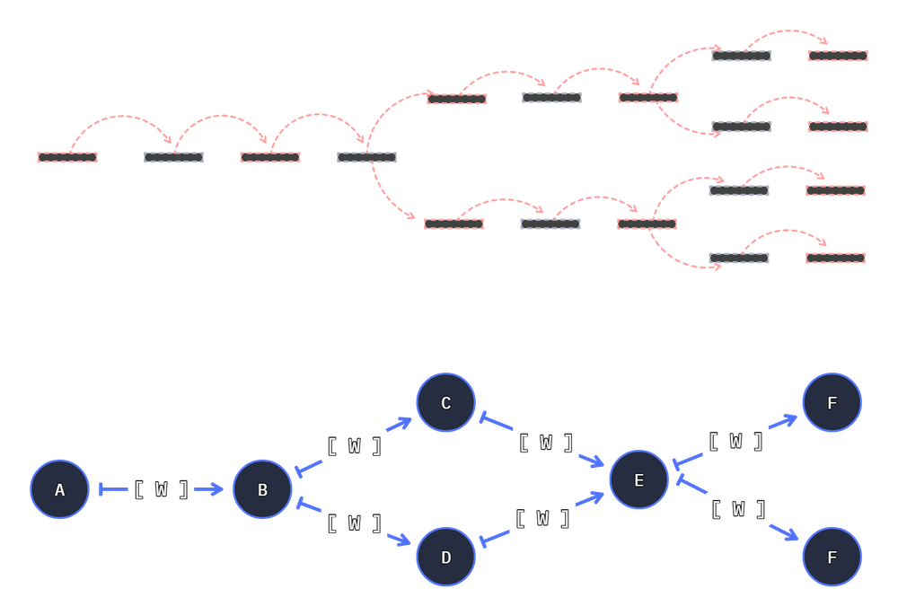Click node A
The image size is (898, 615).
pos(59,489)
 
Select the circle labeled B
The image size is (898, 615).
pos(262,489)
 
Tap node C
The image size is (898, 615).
pos(445,403)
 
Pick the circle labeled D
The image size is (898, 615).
pos(445,558)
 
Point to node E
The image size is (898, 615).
pos(638,480)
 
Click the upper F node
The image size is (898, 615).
pos(832,403)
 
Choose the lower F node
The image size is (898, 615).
pos(832,558)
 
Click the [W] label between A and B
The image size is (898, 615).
pos(162,489)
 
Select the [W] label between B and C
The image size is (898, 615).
pos(354,446)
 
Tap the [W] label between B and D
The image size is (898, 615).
pos(354,523)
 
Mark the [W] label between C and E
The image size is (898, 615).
pos(545,443)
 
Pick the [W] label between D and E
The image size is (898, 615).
pos(543,518)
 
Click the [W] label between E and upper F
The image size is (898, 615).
pos(736,441)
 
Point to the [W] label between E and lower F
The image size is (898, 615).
pos(738,509)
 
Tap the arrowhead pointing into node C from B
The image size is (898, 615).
pos(405,419)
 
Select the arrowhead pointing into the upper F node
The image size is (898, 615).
pos(790,418)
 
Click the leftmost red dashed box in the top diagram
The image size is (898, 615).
pos(67,157)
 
